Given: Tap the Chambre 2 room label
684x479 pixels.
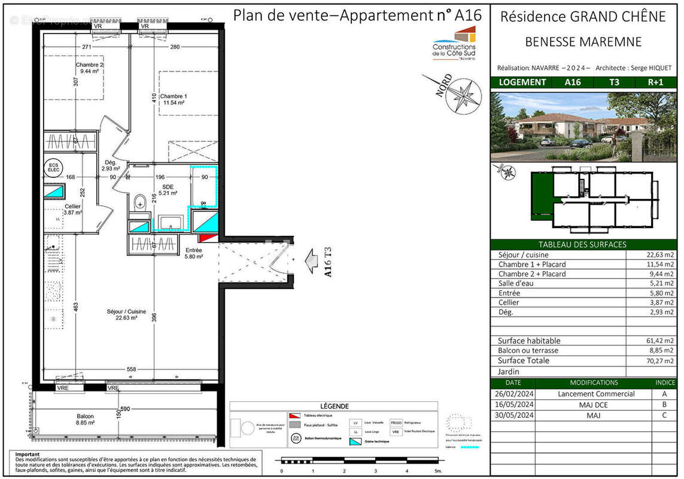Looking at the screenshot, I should coord(89,68).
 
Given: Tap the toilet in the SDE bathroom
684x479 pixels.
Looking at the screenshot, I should coord(141,202).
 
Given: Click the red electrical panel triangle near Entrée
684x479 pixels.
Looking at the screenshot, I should coord(205,238).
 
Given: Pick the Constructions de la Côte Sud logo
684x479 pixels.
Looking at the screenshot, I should coord(454,43).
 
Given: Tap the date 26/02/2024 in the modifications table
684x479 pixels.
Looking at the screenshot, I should coord(513,394).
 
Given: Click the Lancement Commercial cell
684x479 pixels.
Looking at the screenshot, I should coord(595,394).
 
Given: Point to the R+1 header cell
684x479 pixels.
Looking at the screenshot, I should coord(655,83).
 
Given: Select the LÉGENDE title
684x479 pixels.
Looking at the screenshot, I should coord(333,407).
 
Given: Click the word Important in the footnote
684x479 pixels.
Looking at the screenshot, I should coord(27,454).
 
